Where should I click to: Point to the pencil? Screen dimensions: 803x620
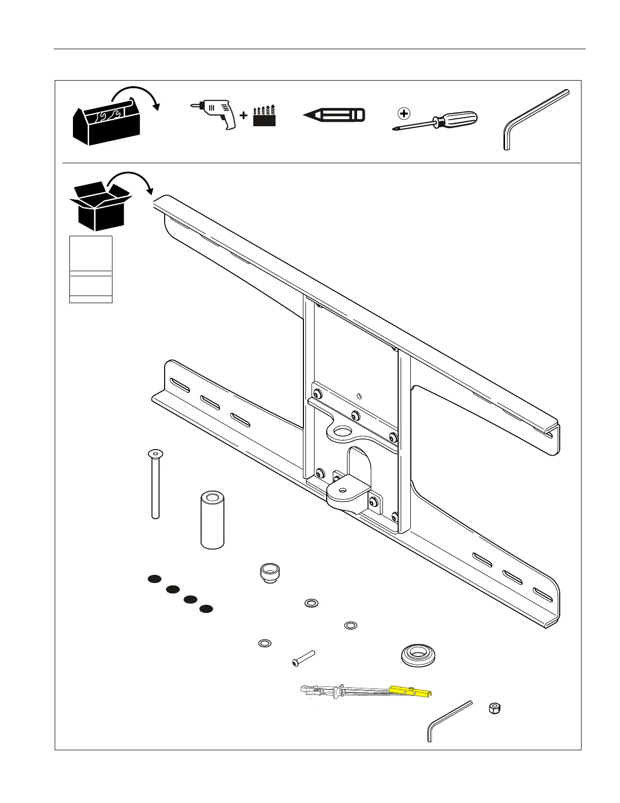tap(334, 115)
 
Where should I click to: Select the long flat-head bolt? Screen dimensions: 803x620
tap(156, 484)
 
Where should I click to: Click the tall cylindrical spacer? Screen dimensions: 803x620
tap(212, 519)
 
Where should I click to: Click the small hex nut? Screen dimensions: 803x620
tap(495, 708)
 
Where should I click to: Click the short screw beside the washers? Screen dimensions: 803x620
tap(303, 658)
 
